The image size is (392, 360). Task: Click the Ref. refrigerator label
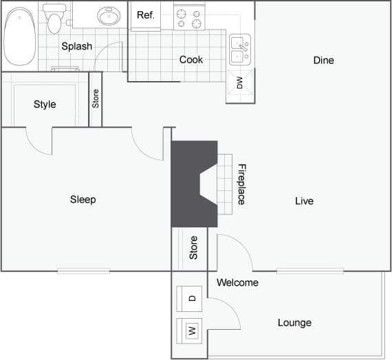pyautogui.click(x=145, y=15)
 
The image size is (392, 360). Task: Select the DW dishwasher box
pyautogui.click(x=239, y=84)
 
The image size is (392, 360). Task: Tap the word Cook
pyautogui.click(x=191, y=60)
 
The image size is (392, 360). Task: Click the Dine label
pyautogui.click(x=323, y=60)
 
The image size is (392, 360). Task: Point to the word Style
pyautogui.click(x=45, y=104)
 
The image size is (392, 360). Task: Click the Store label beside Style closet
pyautogui.click(x=96, y=99)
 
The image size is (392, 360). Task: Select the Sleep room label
pyautogui.click(x=83, y=199)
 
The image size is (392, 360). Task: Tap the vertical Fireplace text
pyautogui.click(x=241, y=183)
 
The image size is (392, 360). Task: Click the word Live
pyautogui.click(x=304, y=201)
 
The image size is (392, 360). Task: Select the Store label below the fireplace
pyautogui.click(x=194, y=247)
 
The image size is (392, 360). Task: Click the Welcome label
pyautogui.click(x=237, y=282)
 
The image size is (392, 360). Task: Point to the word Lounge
pyautogui.click(x=294, y=323)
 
